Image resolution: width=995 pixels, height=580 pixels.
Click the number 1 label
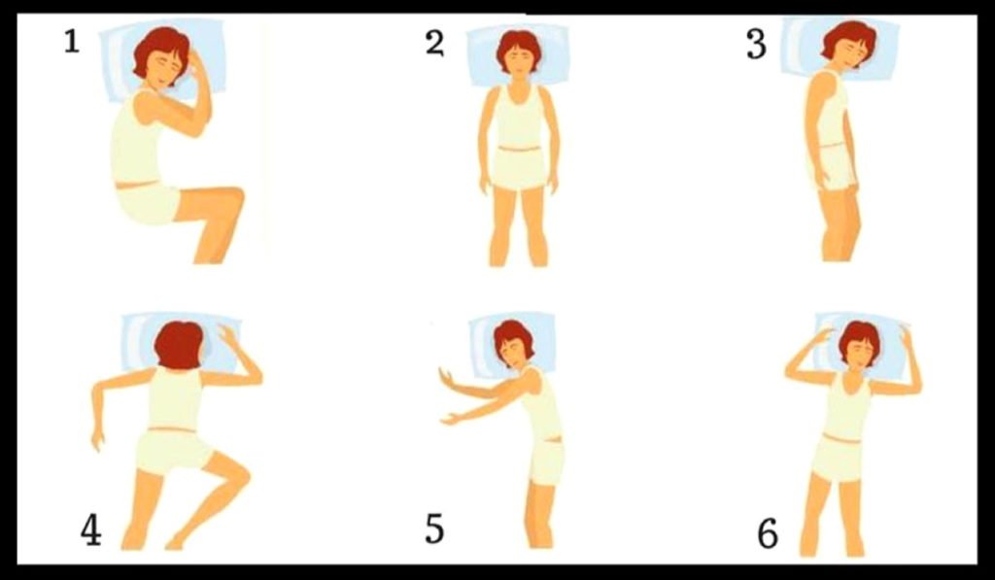click(x=71, y=43)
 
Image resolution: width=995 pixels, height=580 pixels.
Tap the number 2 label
click(x=434, y=44)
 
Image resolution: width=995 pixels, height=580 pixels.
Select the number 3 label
click(x=756, y=45)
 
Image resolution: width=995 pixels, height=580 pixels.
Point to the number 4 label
click(x=90, y=530)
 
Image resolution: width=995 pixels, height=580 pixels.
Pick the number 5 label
click(x=434, y=529)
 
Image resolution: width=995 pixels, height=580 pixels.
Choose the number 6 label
click(x=768, y=533)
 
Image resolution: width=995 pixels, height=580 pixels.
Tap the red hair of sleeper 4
click(x=179, y=344)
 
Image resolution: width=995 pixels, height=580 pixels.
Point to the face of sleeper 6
click(x=859, y=353)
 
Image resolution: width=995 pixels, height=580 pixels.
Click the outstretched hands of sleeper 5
click(x=447, y=396)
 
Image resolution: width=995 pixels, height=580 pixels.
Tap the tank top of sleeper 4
click(x=176, y=398)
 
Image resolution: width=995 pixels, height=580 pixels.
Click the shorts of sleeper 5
click(x=547, y=462)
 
